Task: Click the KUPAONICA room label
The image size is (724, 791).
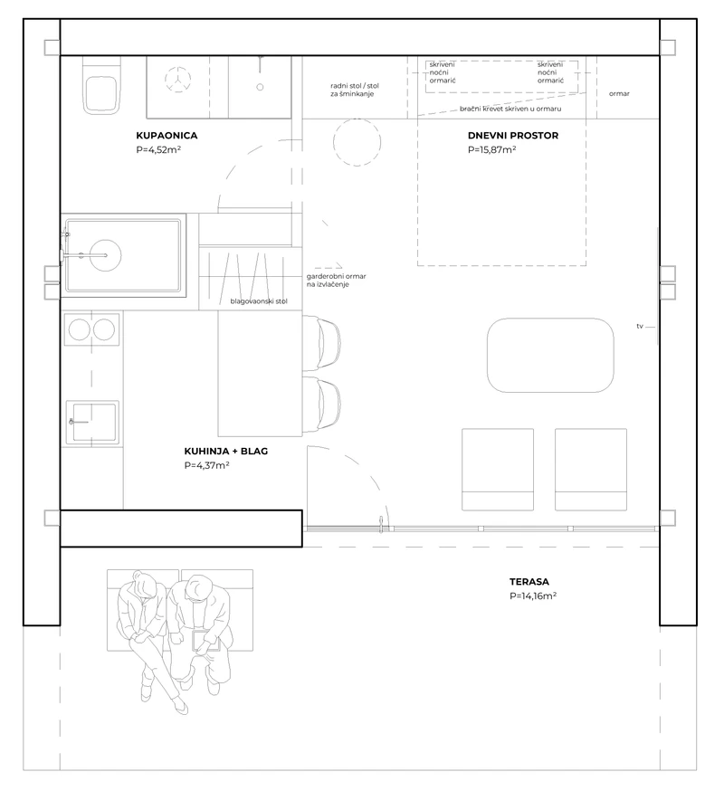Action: point(167,135)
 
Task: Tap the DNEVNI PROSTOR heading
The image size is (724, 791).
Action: point(512,135)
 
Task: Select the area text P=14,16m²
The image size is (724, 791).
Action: point(533,596)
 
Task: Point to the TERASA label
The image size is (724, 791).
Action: point(529,582)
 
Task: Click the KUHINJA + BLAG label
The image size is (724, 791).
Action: point(225,451)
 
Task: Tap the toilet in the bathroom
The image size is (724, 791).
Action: point(101,85)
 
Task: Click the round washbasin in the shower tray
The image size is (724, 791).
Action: point(106,255)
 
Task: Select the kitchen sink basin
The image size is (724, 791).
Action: point(92,423)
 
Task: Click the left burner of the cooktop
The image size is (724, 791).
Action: point(80,329)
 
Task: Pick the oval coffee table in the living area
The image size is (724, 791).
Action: point(550,355)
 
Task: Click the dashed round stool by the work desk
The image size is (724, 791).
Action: point(357,142)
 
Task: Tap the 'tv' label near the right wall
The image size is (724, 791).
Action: point(640,327)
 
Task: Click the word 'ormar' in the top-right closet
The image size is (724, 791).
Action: point(619,94)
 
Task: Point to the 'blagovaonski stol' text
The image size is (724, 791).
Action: point(259,301)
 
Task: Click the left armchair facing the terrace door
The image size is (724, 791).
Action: point(498,469)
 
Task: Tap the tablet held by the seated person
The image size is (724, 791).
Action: point(205,640)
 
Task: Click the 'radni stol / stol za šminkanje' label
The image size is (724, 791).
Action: point(355,90)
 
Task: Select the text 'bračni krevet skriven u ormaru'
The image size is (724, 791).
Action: point(510,109)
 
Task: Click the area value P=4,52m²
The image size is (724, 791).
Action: point(158,149)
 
